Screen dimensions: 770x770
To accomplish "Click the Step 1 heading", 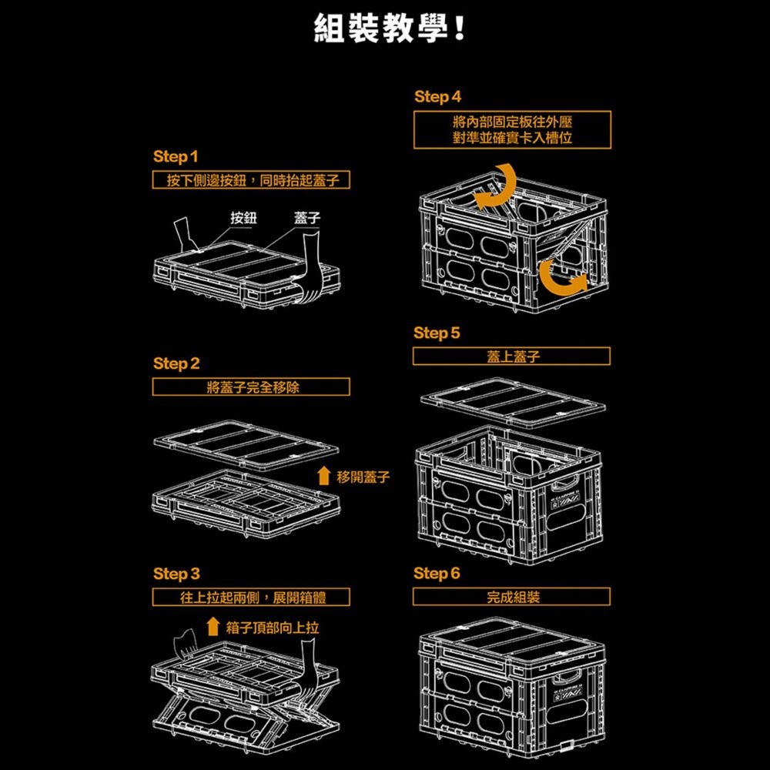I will coord(176,156).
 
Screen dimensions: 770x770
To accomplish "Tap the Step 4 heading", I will coord(437,97).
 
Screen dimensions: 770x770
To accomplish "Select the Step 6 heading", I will coord(437,574).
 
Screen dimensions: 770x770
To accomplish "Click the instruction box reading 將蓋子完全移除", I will coord(252,387).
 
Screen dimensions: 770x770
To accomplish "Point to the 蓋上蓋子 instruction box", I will coord(512,357).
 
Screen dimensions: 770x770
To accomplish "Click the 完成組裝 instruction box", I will coord(512,597).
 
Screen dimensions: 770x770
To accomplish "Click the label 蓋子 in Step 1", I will coord(307,218).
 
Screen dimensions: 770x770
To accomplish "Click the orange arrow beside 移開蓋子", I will coord(324,477).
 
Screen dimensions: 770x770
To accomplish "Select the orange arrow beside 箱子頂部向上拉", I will coord(213,627).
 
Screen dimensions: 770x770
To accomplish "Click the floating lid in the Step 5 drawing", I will coord(511,400).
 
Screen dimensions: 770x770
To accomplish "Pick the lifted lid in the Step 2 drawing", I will coord(246,444).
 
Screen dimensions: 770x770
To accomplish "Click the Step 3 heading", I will coord(176,574).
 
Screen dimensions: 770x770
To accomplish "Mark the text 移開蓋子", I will coord(363,478).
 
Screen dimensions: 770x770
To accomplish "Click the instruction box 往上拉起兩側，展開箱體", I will coord(252,597).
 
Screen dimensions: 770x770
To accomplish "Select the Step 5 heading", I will coord(437,333).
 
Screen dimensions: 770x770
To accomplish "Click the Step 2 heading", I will coord(176,363).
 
